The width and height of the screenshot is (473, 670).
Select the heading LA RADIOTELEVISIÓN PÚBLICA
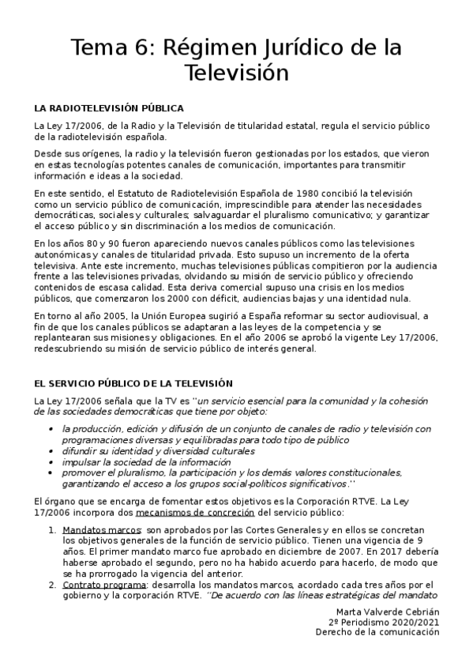tap(109, 108)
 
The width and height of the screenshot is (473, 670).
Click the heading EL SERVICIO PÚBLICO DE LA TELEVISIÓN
tap(133, 382)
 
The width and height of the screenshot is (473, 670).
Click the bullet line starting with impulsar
tap(146, 461)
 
